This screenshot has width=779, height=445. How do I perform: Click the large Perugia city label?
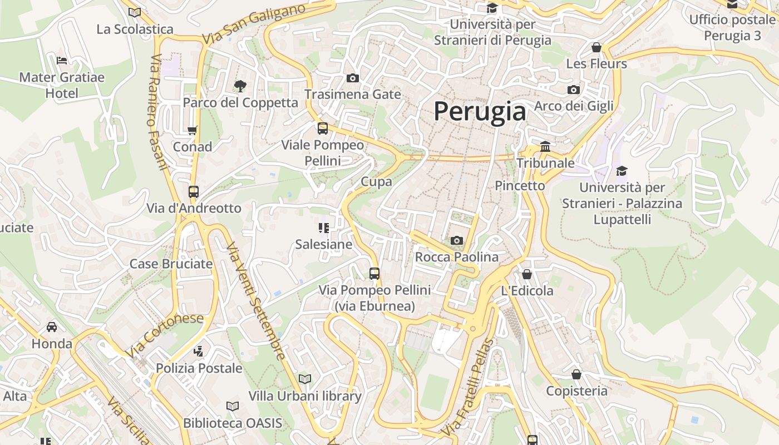(480, 111)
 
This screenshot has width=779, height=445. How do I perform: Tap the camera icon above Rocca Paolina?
(457, 240)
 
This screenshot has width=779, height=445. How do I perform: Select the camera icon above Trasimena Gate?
(352, 78)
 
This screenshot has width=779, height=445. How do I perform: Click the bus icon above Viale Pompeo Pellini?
(322, 128)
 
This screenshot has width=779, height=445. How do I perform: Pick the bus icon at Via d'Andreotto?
(193, 192)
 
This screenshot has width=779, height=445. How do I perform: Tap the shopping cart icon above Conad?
(192, 130)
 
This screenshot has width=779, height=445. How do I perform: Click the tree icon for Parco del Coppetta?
(240, 86)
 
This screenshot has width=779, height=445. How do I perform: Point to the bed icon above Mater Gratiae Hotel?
(62, 60)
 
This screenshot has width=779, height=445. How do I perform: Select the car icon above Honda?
(52, 327)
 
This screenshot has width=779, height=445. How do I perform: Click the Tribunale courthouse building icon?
(545, 147)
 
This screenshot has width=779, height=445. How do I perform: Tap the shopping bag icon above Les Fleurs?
(596, 47)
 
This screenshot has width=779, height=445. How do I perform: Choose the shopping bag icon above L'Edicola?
(527, 274)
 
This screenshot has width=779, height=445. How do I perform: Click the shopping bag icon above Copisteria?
(576, 374)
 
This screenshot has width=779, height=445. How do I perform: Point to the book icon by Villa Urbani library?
(304, 379)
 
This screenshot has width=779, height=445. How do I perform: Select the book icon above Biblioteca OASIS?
(233, 406)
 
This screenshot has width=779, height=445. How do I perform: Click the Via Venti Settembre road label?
(257, 301)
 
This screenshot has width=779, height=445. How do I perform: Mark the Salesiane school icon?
(324, 228)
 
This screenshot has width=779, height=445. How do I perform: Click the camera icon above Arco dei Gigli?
(574, 90)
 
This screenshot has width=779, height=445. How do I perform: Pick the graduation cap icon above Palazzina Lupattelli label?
(622, 171)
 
